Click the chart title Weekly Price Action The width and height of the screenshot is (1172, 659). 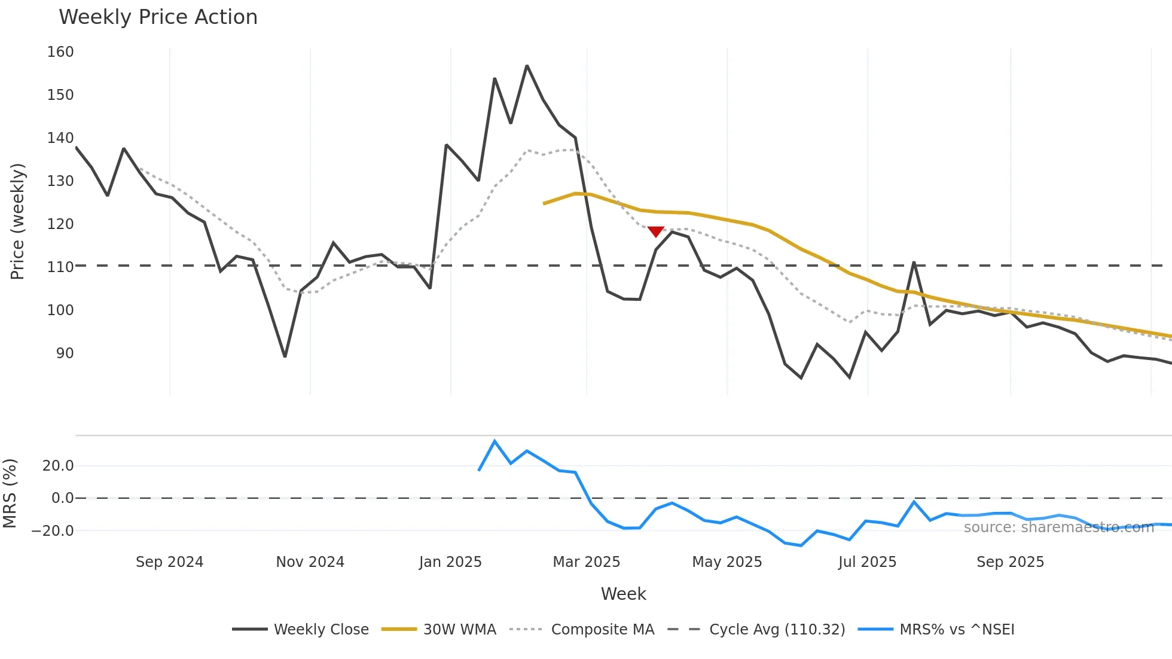pos(158,17)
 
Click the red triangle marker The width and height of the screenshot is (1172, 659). pos(655,231)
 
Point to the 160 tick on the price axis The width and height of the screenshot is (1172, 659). pos(60,52)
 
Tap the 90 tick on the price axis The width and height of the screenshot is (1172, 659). pos(65,353)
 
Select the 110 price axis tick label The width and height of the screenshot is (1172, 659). pos(60,267)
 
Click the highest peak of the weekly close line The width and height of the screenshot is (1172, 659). pos(527,66)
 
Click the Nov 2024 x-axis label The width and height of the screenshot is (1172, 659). pos(310,562)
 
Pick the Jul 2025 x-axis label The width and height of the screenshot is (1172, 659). pos(867,562)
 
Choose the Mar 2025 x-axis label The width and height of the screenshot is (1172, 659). pos(586,562)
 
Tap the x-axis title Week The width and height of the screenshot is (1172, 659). pos(623,594)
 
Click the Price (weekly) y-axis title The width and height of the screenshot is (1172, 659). pos(17,221)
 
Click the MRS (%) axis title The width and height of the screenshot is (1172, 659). pos(10,493)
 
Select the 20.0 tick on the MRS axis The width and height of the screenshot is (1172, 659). pos(58,466)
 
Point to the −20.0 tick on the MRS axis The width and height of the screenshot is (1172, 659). pos(53,531)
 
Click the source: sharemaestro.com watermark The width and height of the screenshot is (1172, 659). pos(1058,527)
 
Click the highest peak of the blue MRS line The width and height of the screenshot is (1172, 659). pos(495,441)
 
